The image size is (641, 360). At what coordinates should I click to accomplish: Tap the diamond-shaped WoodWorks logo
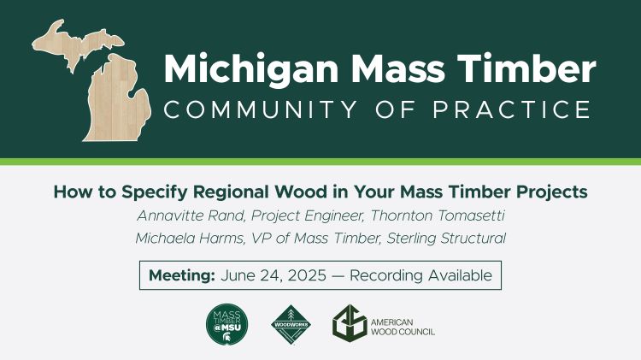point(291,326)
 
